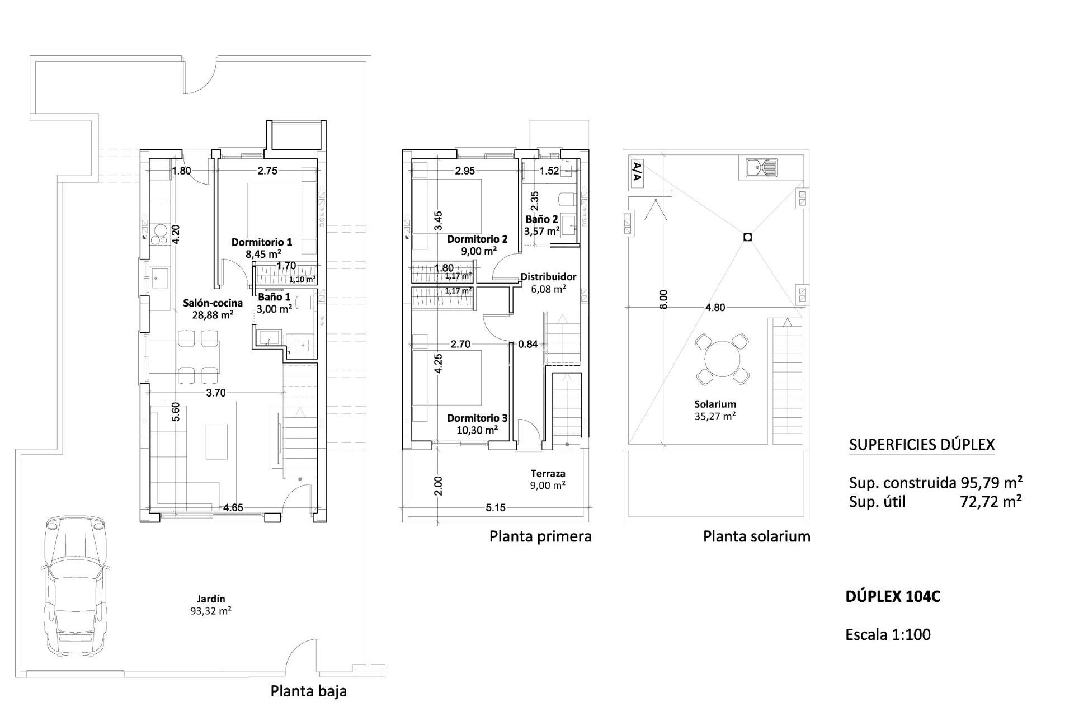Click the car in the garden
coord(74,585)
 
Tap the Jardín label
coord(211,599)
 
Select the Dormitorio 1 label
coord(262,242)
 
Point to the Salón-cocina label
coord(213,303)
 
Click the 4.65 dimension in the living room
coord(233,508)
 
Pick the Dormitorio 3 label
coord(477,418)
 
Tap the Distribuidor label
coord(548,276)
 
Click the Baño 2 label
coord(541,219)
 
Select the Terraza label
coord(548,473)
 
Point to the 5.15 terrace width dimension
coord(496,508)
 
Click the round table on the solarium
coord(722,359)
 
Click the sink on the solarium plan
coord(761,167)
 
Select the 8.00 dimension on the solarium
coord(663,299)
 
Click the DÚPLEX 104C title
coord(893,597)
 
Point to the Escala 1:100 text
coord(888,634)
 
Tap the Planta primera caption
coord(540,536)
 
